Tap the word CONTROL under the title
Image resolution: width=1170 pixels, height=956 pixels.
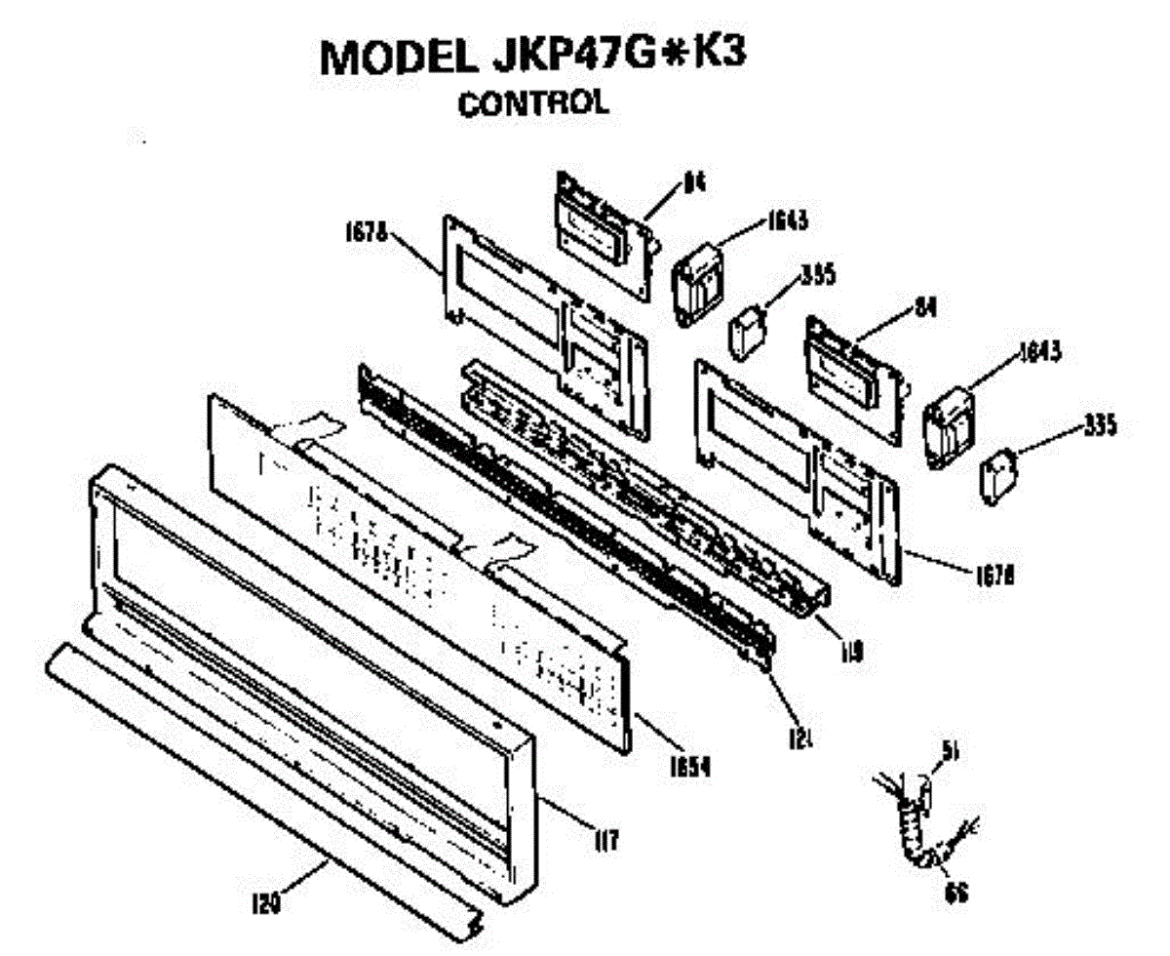pos(533,102)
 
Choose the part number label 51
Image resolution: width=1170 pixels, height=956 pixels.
pos(952,749)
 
